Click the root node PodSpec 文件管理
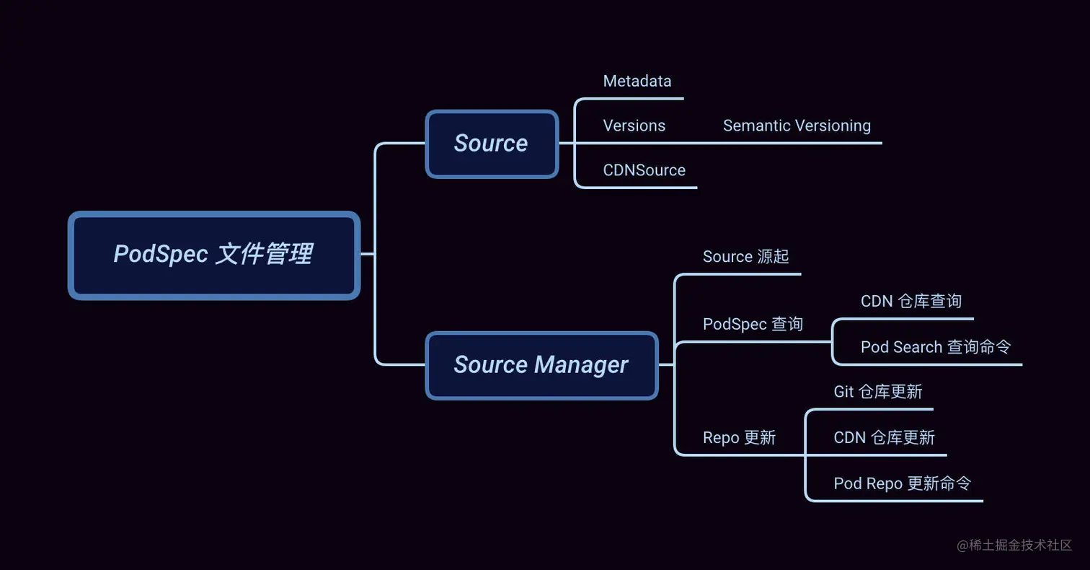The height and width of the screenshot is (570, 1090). tap(213, 255)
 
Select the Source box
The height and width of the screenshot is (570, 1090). tap(492, 144)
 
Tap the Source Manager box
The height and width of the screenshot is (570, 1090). tap(541, 365)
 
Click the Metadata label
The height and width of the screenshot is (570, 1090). tap(637, 81)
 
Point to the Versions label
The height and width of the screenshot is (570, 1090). tap(634, 126)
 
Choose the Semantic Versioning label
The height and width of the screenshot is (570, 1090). tap(797, 126)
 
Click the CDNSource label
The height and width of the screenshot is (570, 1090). tap(644, 170)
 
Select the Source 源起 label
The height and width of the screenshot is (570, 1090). tap(745, 257)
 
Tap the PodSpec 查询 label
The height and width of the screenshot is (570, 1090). tap(753, 325)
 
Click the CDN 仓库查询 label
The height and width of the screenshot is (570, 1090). tap(910, 301)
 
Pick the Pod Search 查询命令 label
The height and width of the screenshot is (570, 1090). tap(935, 347)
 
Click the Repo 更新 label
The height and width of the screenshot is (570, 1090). tap(739, 438)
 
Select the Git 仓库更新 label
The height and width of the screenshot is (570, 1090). tap(877, 392)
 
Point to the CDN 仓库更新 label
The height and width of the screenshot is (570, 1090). tap(884, 438)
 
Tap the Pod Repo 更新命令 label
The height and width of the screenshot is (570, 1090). tap(902, 483)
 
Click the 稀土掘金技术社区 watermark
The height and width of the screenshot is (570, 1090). tap(1014, 545)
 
